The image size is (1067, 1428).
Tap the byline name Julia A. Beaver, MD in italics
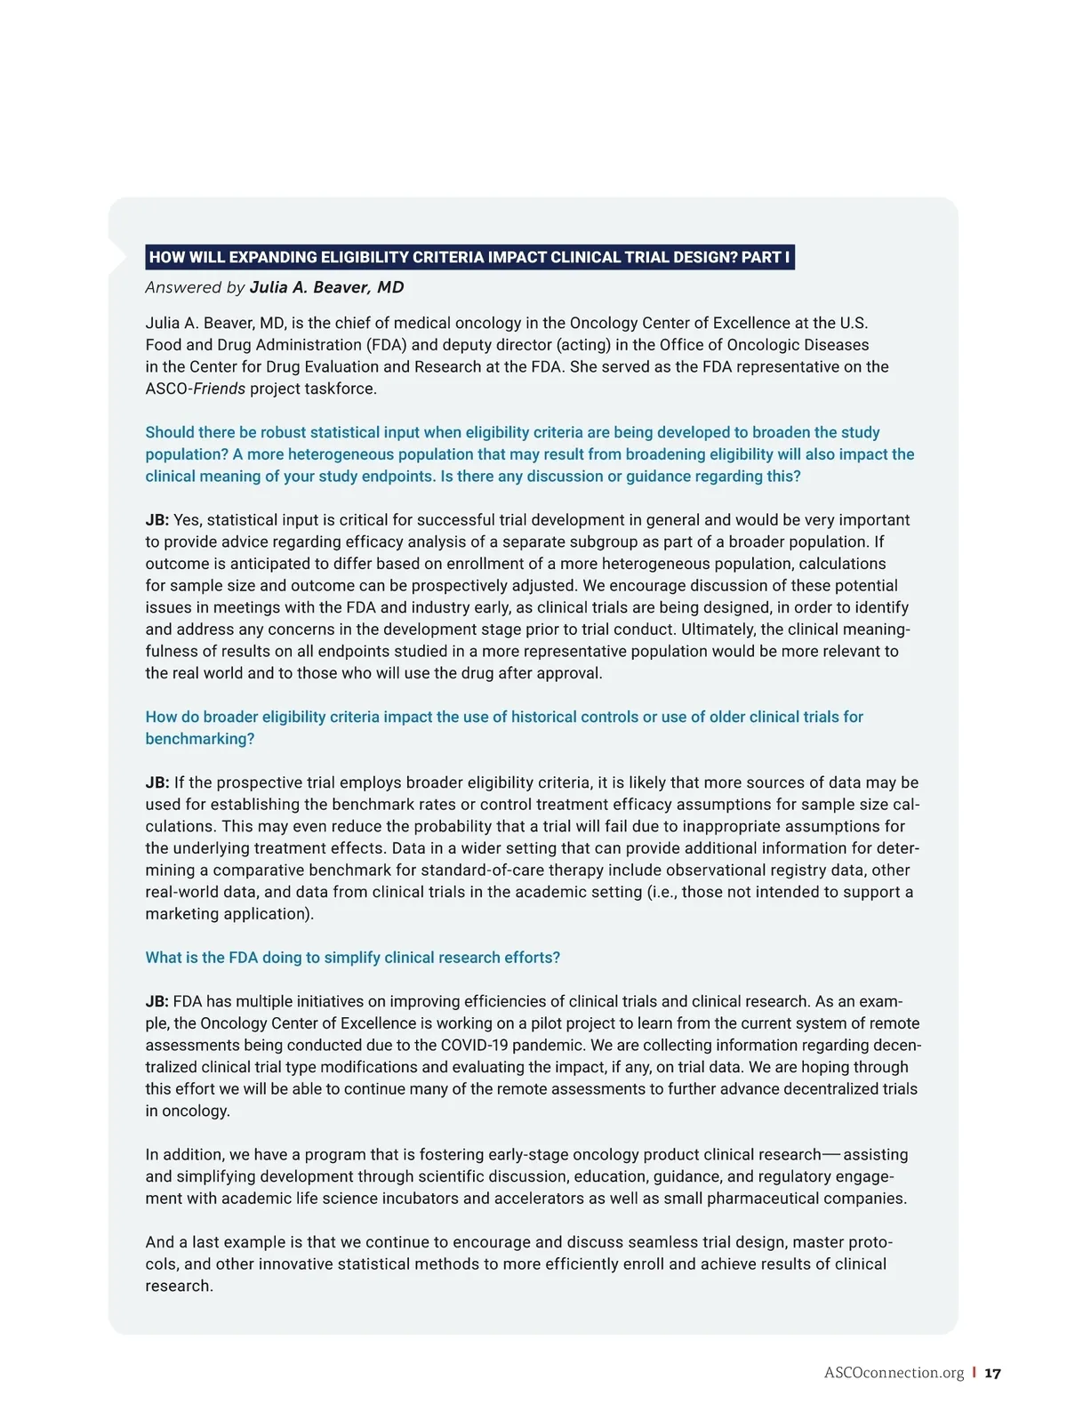pyautogui.click(x=326, y=287)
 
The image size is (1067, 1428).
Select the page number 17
pyautogui.click(x=992, y=1373)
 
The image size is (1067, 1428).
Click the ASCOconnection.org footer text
pyautogui.click(x=894, y=1373)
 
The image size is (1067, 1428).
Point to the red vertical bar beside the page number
pyautogui.click(x=974, y=1373)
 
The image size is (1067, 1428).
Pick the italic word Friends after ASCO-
pyautogui.click(x=219, y=389)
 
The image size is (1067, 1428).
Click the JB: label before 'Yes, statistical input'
pyautogui.click(x=157, y=520)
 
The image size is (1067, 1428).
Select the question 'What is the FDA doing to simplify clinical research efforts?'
pyautogui.click(x=352, y=958)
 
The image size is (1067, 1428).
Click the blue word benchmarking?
pyautogui.click(x=200, y=739)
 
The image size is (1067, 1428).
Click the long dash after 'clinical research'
pyautogui.click(x=830, y=1155)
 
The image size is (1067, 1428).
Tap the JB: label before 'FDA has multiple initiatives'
pyautogui.click(x=157, y=1002)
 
